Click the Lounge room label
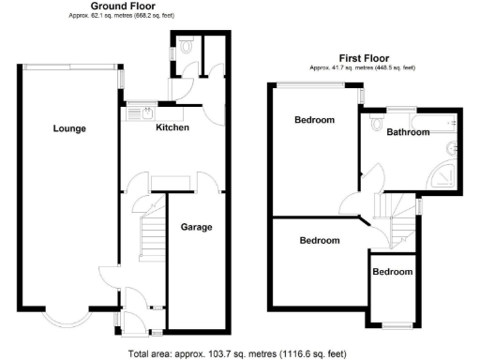(x=69, y=128)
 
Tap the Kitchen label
(x=172, y=127)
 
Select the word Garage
(x=196, y=227)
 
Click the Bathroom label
(x=408, y=132)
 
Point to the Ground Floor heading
(x=123, y=6)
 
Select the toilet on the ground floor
(x=187, y=43)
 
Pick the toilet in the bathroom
(x=377, y=121)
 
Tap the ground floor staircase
(x=150, y=234)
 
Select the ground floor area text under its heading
(x=123, y=15)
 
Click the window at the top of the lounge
(x=69, y=65)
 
